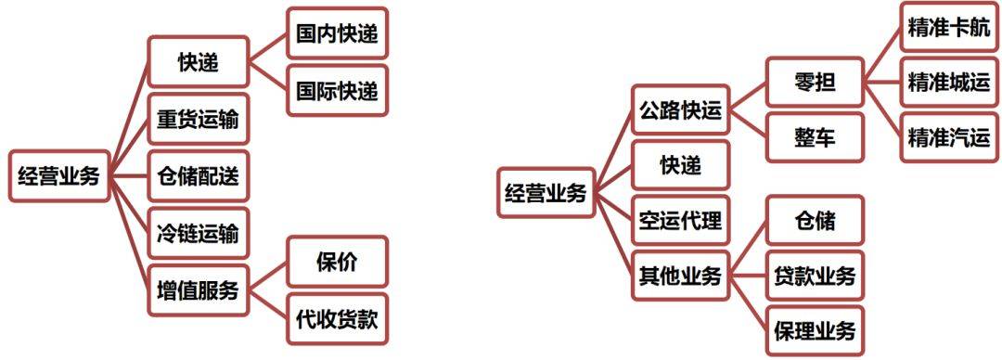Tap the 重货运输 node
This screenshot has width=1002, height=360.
click(x=198, y=119)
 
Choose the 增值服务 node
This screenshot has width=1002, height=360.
click(x=198, y=289)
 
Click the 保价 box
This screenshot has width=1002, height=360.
click(x=336, y=262)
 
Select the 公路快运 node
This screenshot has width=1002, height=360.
click(x=680, y=110)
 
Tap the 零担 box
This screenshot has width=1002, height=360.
click(x=815, y=83)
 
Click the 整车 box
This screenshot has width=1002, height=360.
click(x=815, y=138)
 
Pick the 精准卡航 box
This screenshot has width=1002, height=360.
click(x=949, y=28)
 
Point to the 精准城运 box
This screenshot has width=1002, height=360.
click(x=949, y=83)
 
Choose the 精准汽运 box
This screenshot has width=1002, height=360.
click(x=949, y=138)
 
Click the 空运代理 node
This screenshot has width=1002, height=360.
click(x=680, y=221)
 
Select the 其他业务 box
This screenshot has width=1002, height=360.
click(x=680, y=276)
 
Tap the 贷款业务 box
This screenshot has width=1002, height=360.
click(x=815, y=276)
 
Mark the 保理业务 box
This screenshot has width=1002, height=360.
click(x=815, y=330)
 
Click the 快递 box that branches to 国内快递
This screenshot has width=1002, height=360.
click(x=198, y=63)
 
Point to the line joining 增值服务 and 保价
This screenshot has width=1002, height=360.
click(x=268, y=276)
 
